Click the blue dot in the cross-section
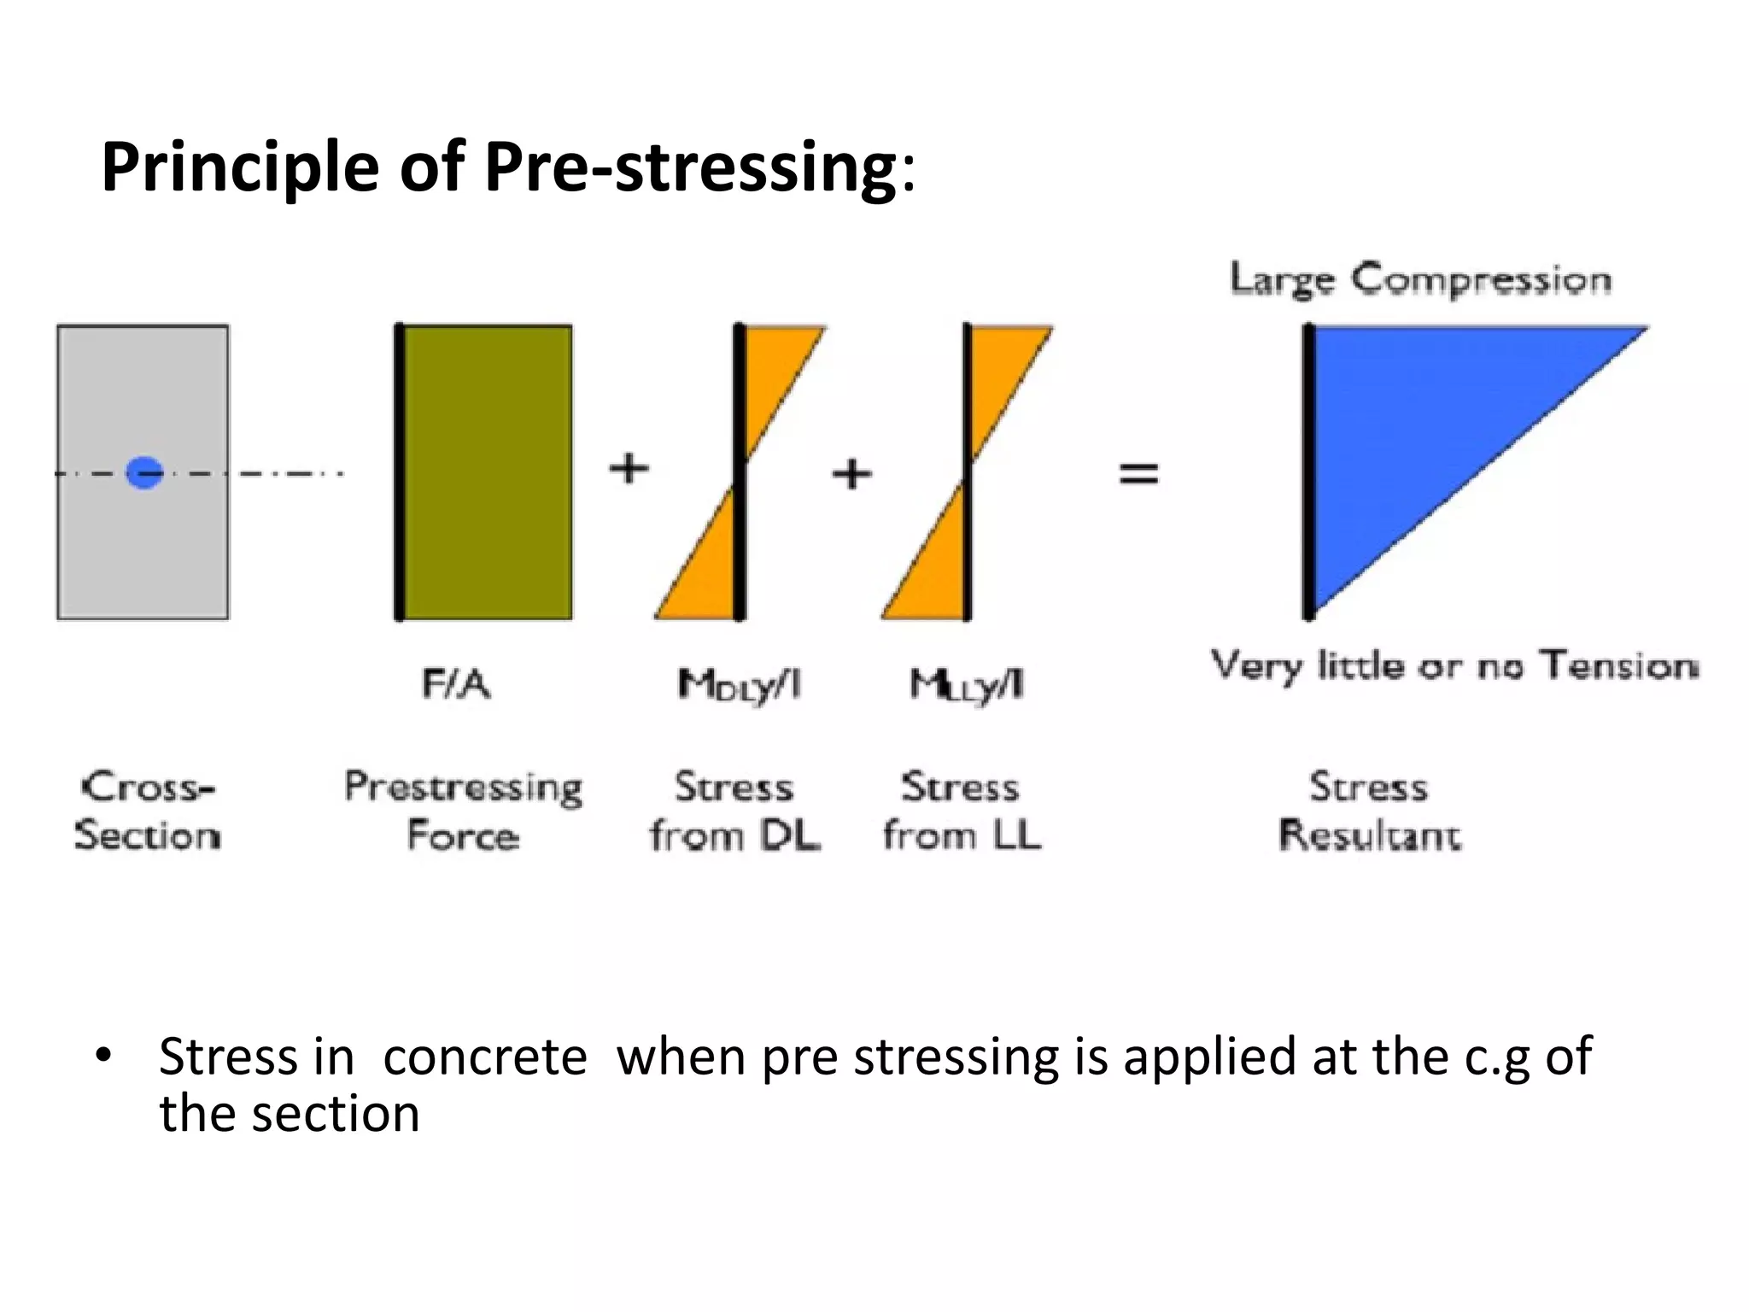click(144, 472)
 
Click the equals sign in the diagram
click(1138, 472)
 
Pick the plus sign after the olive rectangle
click(629, 468)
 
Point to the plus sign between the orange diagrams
click(851, 473)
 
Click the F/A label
click(457, 684)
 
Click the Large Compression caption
click(1420, 280)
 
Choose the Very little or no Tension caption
click(1454, 665)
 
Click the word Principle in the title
click(241, 167)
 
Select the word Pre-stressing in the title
click(690, 167)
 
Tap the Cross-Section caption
click(147, 811)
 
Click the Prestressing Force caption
click(463, 811)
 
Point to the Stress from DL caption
click(734, 811)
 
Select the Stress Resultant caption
click(1369, 811)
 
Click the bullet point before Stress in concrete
click(103, 1056)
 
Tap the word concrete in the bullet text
click(485, 1057)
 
